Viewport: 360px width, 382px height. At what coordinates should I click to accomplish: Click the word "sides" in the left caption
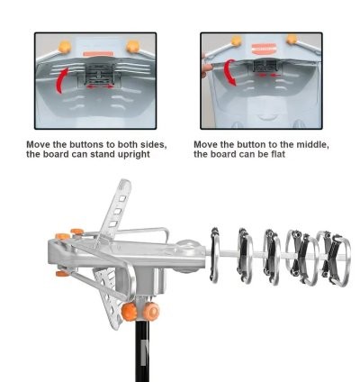[x=155, y=144]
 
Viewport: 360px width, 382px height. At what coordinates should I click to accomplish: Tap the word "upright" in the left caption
[x=134, y=155]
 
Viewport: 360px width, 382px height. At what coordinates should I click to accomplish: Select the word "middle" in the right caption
[x=312, y=144]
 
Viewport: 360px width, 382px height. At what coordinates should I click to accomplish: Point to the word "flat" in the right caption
[x=277, y=154]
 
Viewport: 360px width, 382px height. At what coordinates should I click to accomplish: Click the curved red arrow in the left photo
[x=62, y=80]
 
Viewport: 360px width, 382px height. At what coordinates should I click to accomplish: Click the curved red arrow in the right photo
[x=230, y=72]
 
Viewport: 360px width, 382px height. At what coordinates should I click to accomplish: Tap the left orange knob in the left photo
[x=65, y=47]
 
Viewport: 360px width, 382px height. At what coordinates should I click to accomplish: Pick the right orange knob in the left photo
[x=132, y=47]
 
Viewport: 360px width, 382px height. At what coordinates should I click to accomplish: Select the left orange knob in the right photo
[x=236, y=41]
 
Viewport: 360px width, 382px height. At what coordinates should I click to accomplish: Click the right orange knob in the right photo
[x=292, y=39]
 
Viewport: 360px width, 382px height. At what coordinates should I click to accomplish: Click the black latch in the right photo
[x=265, y=66]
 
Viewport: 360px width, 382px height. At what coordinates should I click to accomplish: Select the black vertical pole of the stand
[x=142, y=350]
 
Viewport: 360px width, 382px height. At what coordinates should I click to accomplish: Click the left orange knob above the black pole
[x=130, y=312]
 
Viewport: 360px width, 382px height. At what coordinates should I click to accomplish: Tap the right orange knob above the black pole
[x=151, y=311]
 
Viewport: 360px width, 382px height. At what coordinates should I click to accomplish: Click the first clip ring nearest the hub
[x=215, y=255]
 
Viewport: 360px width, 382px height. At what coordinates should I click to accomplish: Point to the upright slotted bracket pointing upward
[x=115, y=210]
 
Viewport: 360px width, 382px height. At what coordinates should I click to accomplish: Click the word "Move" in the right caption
[x=205, y=144]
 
